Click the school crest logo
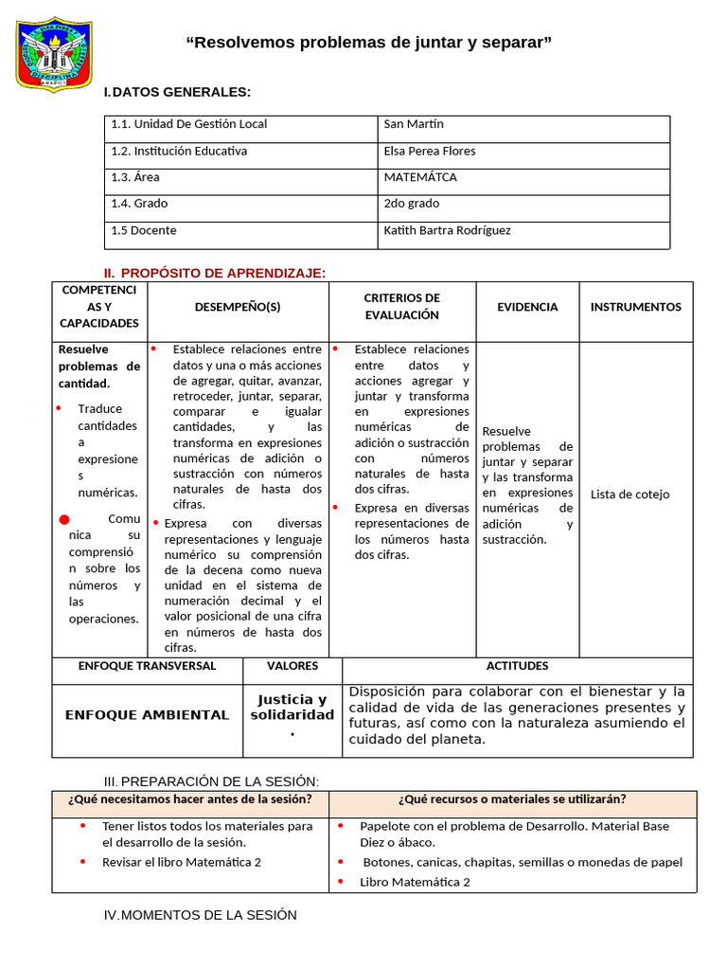55,53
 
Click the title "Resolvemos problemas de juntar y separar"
369,43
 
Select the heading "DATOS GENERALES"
181,92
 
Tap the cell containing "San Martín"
414,124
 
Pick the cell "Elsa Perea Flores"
430,151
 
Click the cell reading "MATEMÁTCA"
420,177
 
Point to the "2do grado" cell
412,204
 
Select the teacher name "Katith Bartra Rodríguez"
447,230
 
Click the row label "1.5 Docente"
144,230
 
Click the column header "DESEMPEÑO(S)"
238,307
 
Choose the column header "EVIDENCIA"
527,307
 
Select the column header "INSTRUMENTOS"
635,307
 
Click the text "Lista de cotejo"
629,494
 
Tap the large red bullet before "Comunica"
64,520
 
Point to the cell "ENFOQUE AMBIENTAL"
147,715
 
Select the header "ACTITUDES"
517,666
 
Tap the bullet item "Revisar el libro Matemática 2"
182,862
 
